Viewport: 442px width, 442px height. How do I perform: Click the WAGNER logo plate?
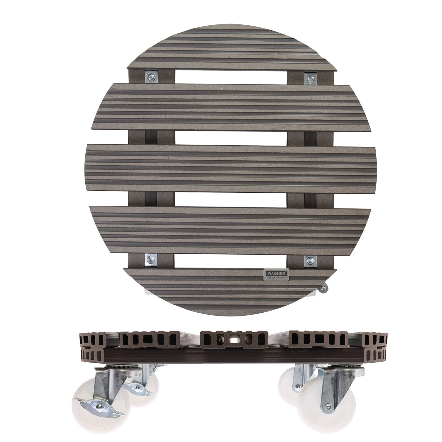(276, 273)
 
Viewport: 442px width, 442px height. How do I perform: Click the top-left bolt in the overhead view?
(151, 78)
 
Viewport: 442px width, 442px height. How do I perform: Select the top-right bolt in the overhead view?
(310, 78)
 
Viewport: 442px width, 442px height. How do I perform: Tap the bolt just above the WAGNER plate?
(310, 260)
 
